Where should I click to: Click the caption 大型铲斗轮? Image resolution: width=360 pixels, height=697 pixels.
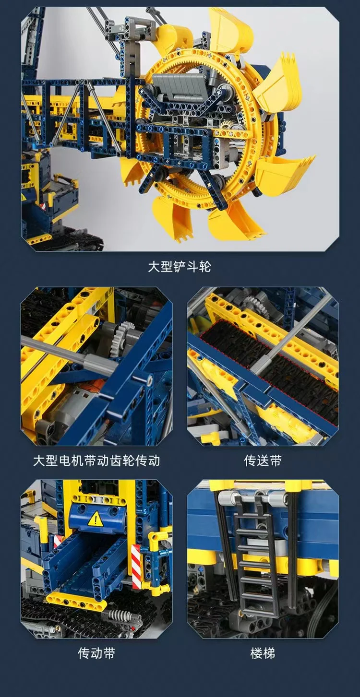pyautogui.click(x=179, y=266)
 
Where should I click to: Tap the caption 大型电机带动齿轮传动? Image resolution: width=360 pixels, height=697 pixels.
pyautogui.click(x=96, y=461)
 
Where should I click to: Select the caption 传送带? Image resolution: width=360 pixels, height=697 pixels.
pyautogui.click(x=263, y=461)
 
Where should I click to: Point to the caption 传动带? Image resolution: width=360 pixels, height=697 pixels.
pyautogui.click(x=96, y=653)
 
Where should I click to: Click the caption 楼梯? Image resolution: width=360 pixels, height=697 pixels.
pyautogui.click(x=263, y=653)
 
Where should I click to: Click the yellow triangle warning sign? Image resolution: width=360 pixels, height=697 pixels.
pyautogui.click(x=96, y=518)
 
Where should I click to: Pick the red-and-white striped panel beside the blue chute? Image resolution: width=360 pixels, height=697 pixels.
pyautogui.click(x=137, y=566)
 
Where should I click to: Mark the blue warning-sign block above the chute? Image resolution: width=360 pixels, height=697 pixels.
pyautogui.click(x=96, y=515)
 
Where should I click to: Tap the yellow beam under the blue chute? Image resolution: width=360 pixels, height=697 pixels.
pyautogui.click(x=77, y=600)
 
